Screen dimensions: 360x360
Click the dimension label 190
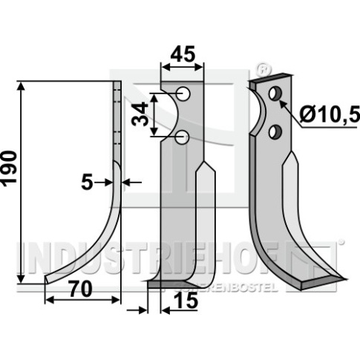coord(9,167)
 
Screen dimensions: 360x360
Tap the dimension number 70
coord(81,289)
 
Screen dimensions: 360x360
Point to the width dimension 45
coord(183,54)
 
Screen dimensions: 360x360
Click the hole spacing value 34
coord(140,114)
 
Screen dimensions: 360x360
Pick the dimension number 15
coord(186,301)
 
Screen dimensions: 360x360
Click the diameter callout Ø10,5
coord(330,114)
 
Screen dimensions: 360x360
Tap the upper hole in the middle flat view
coord(183,94)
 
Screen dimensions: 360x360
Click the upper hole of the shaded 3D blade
coord(275,94)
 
